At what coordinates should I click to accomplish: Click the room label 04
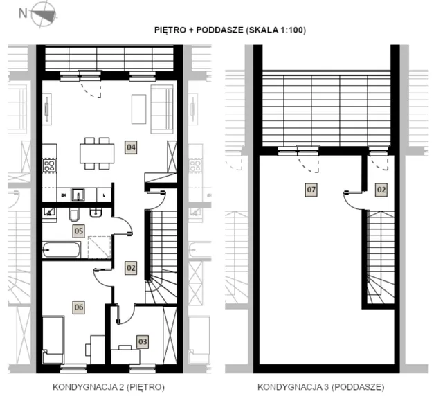(131, 147)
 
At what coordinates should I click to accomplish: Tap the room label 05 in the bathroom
(78, 231)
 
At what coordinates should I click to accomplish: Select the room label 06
(78, 307)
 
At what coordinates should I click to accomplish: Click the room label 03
(143, 341)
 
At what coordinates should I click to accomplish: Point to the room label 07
(311, 190)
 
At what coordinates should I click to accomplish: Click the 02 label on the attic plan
(381, 190)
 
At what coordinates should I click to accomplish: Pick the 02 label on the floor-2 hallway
(131, 268)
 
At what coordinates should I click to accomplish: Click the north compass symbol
(43, 14)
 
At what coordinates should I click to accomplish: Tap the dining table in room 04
(97, 154)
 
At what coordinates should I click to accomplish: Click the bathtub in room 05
(62, 250)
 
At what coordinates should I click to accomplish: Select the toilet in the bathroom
(74, 215)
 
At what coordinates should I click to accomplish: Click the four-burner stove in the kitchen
(49, 166)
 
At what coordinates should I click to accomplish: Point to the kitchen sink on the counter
(78, 195)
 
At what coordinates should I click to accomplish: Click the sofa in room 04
(162, 109)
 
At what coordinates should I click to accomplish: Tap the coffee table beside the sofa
(138, 109)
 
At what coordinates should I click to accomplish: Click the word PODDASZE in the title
(219, 30)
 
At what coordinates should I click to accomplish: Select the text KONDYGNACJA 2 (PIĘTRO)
(109, 387)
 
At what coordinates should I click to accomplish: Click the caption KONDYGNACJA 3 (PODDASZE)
(320, 387)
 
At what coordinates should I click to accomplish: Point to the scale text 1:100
(291, 30)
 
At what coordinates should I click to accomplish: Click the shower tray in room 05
(100, 247)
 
